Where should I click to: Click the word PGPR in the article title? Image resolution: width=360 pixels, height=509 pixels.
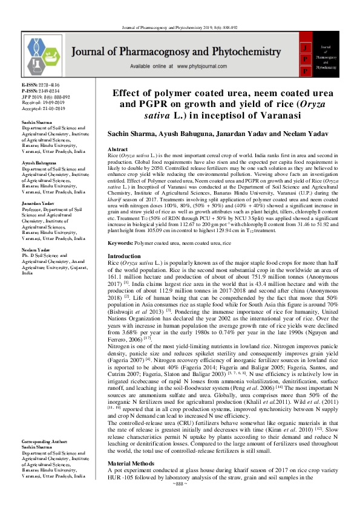click(152, 103)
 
